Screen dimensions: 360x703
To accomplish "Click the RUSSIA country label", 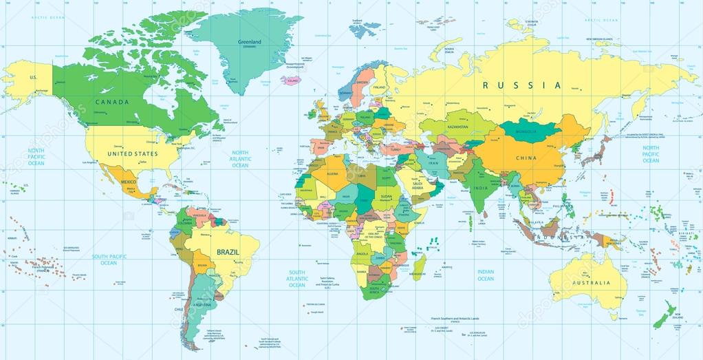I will tap(522, 85).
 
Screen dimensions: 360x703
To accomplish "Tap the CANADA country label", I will tap(112, 103).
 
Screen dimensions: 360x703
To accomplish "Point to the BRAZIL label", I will tap(228, 253).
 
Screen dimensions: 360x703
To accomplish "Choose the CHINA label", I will tap(526, 158).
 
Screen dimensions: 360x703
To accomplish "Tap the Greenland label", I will tap(249, 43).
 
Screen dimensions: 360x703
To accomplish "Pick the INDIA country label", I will tap(479, 188).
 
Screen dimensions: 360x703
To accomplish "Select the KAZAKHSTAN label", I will tap(455, 127).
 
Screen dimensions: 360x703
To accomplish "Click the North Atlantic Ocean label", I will tap(240, 159).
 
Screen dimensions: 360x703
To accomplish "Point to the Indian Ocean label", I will tap(486, 275).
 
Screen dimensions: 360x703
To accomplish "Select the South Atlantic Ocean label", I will tap(297, 279).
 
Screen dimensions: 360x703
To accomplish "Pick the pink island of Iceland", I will tap(291, 81).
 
